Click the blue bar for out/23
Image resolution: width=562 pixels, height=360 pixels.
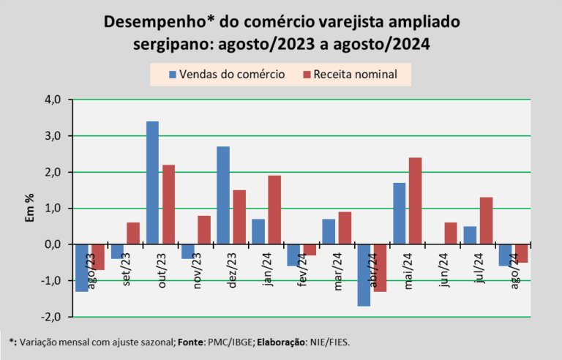click(x=152, y=183)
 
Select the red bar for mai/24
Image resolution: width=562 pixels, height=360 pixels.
click(x=416, y=201)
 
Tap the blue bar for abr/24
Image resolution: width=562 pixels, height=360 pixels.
click(x=364, y=275)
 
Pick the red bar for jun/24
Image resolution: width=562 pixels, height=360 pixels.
click(x=451, y=233)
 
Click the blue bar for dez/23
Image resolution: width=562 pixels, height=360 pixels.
click(x=223, y=195)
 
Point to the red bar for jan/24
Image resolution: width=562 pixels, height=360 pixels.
click(x=274, y=210)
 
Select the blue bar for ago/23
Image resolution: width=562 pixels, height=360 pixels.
click(x=82, y=269)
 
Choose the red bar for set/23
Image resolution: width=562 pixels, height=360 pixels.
click(x=133, y=233)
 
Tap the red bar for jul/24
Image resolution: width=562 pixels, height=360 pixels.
click(x=486, y=221)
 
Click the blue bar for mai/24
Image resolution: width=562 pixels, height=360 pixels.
click(x=400, y=214)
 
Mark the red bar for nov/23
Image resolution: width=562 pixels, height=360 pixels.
click(x=204, y=230)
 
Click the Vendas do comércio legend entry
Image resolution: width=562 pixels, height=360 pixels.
click(x=227, y=74)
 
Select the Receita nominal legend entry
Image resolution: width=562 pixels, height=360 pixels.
click(x=351, y=74)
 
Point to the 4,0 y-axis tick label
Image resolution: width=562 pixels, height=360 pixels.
click(x=53, y=100)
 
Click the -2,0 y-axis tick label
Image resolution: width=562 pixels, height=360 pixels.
click(x=50, y=318)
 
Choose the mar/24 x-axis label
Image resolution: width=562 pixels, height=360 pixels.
click(x=338, y=271)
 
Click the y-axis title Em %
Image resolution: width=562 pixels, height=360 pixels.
click(x=30, y=208)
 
